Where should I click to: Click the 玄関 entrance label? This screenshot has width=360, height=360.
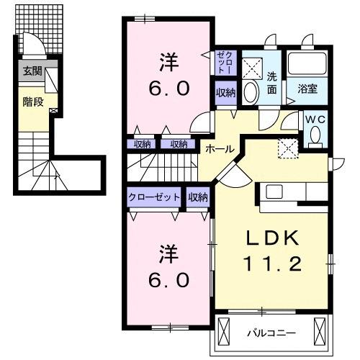(x=32, y=71)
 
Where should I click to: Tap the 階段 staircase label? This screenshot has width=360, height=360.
(x=32, y=102)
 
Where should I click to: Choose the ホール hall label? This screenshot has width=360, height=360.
(x=219, y=148)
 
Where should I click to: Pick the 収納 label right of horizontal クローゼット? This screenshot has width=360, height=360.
(x=198, y=197)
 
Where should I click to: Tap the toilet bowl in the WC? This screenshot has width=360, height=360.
(x=315, y=135)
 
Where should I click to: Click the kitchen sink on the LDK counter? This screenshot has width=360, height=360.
(x=275, y=192)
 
